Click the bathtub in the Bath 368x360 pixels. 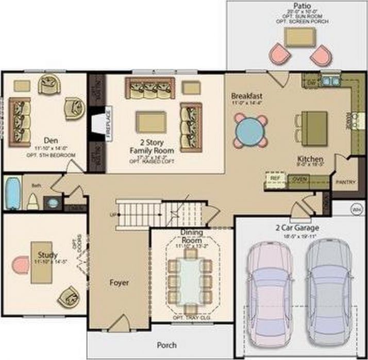(11, 194)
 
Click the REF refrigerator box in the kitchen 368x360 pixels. (275, 178)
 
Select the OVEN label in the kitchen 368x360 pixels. (297, 179)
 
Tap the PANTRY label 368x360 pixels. (343, 182)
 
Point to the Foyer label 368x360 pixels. (119, 283)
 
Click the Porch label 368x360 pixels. (166, 345)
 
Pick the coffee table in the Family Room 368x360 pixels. (151, 122)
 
